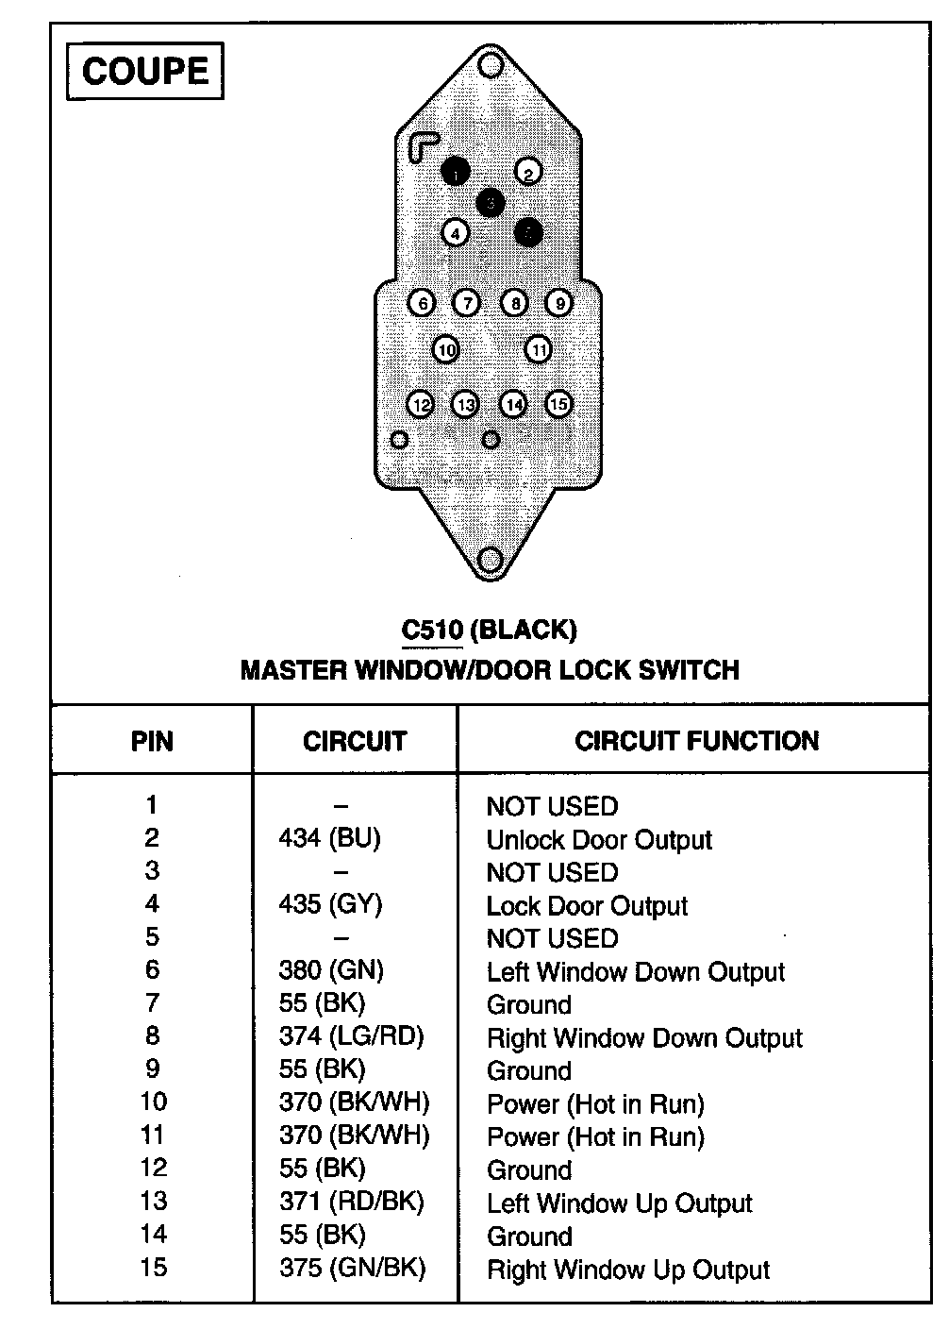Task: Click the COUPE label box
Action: coord(144,71)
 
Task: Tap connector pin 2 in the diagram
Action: coord(528,172)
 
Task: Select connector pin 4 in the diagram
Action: coord(456,232)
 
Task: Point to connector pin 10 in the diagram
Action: coord(445,350)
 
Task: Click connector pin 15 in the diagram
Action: coord(558,404)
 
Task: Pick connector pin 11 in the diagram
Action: coord(538,350)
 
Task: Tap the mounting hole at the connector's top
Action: coord(490,65)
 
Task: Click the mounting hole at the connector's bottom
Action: coord(490,560)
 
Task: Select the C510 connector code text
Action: coord(432,629)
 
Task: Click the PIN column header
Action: coord(152,741)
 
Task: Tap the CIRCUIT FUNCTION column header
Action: coord(696,741)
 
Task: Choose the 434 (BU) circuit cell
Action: coord(329,838)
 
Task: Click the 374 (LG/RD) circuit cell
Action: coord(351,1036)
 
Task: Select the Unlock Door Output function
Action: coord(599,840)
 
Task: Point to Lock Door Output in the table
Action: coord(587,906)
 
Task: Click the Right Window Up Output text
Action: coord(628,1270)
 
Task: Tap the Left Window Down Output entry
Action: coord(636,972)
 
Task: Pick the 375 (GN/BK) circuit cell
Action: coord(352,1268)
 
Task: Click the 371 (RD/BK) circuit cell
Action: coord(351,1202)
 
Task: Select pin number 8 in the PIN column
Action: coord(152,1036)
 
